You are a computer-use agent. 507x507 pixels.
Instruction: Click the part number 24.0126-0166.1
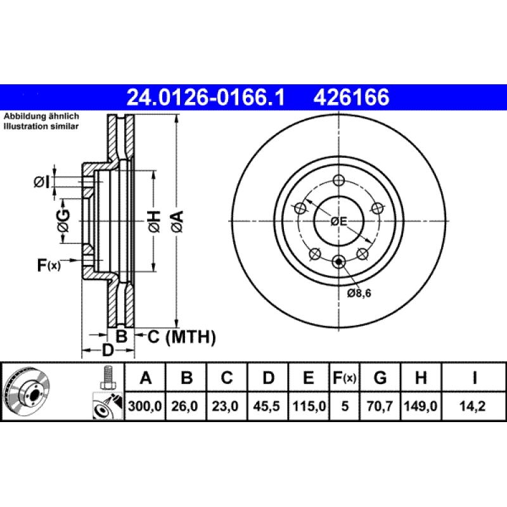207,98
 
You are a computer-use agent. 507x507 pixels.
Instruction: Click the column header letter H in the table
420,379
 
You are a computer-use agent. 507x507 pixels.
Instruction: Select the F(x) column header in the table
345,379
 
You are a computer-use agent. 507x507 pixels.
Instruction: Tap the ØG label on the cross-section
63,219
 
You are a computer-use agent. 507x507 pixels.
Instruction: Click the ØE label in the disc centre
339,221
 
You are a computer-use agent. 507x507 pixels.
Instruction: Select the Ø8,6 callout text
360,293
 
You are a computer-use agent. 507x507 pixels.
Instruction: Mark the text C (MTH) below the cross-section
182,337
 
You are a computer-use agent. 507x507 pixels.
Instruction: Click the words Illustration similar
41,127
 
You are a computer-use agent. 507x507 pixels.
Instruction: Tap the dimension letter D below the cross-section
108,350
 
